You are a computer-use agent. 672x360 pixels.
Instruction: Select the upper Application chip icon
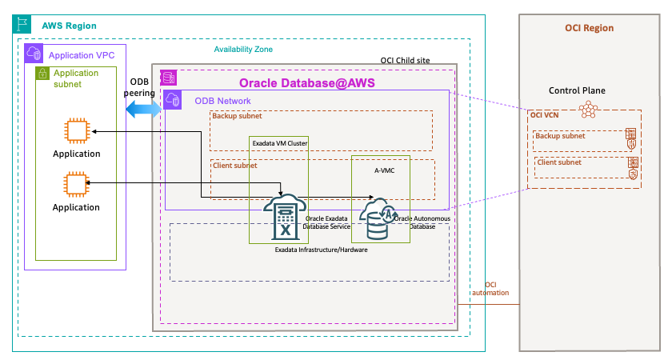[77, 131]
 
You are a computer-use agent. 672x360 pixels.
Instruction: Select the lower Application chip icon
[77, 185]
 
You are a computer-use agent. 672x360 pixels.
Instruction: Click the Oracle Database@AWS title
[307, 83]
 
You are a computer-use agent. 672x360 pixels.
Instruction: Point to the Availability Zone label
[243, 50]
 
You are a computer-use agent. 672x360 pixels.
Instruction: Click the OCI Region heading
[589, 28]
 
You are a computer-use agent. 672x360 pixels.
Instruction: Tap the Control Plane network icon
[589, 110]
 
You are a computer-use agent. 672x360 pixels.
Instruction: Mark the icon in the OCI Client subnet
[632, 169]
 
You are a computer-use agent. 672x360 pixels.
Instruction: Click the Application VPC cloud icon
[34, 54]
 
